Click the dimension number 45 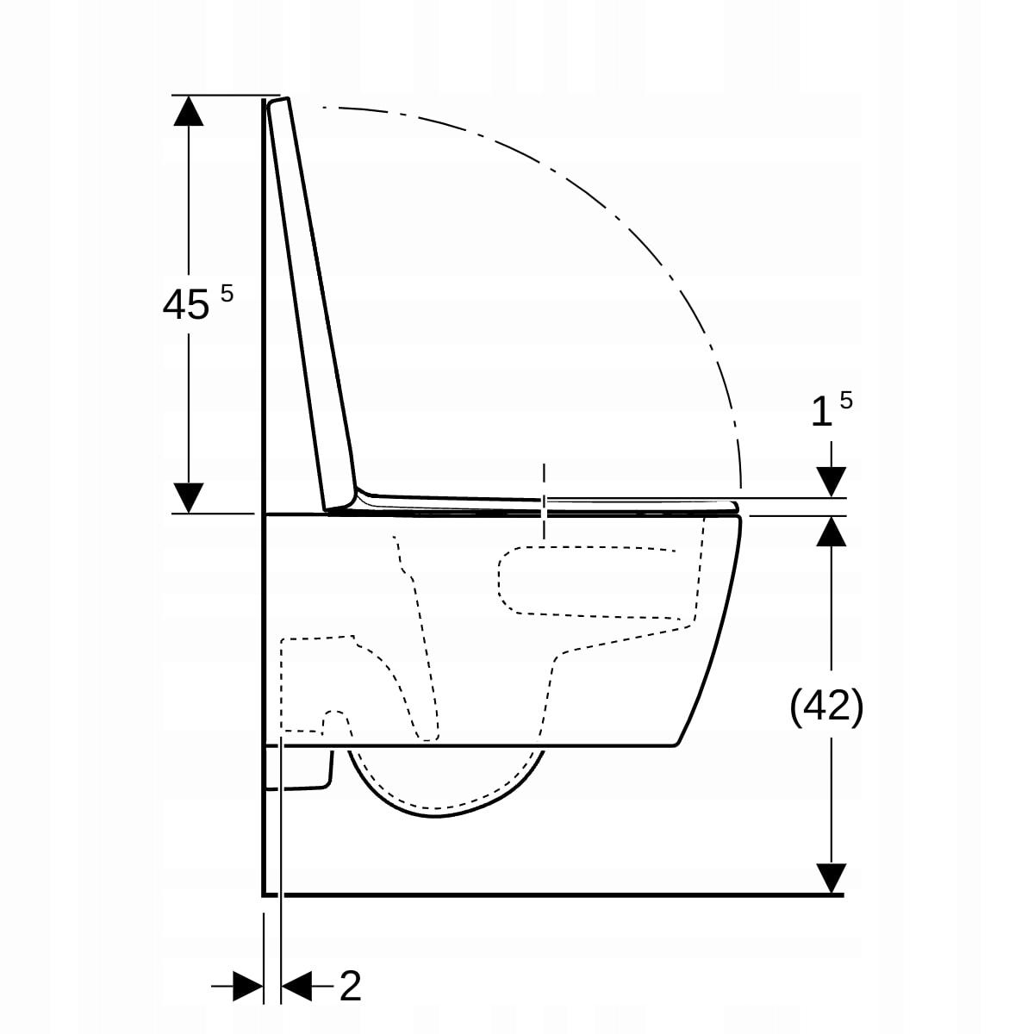pyautogui.click(x=185, y=305)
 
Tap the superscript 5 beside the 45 pyautogui.click(x=227, y=293)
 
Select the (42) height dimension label pyautogui.click(x=826, y=707)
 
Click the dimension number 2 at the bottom pyautogui.click(x=351, y=985)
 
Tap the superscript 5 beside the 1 pyautogui.click(x=846, y=401)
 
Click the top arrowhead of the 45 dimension pyautogui.click(x=189, y=110)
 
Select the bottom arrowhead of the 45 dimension pyautogui.click(x=189, y=498)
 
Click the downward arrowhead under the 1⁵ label pyautogui.click(x=832, y=482)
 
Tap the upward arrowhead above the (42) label pyautogui.click(x=832, y=532)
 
